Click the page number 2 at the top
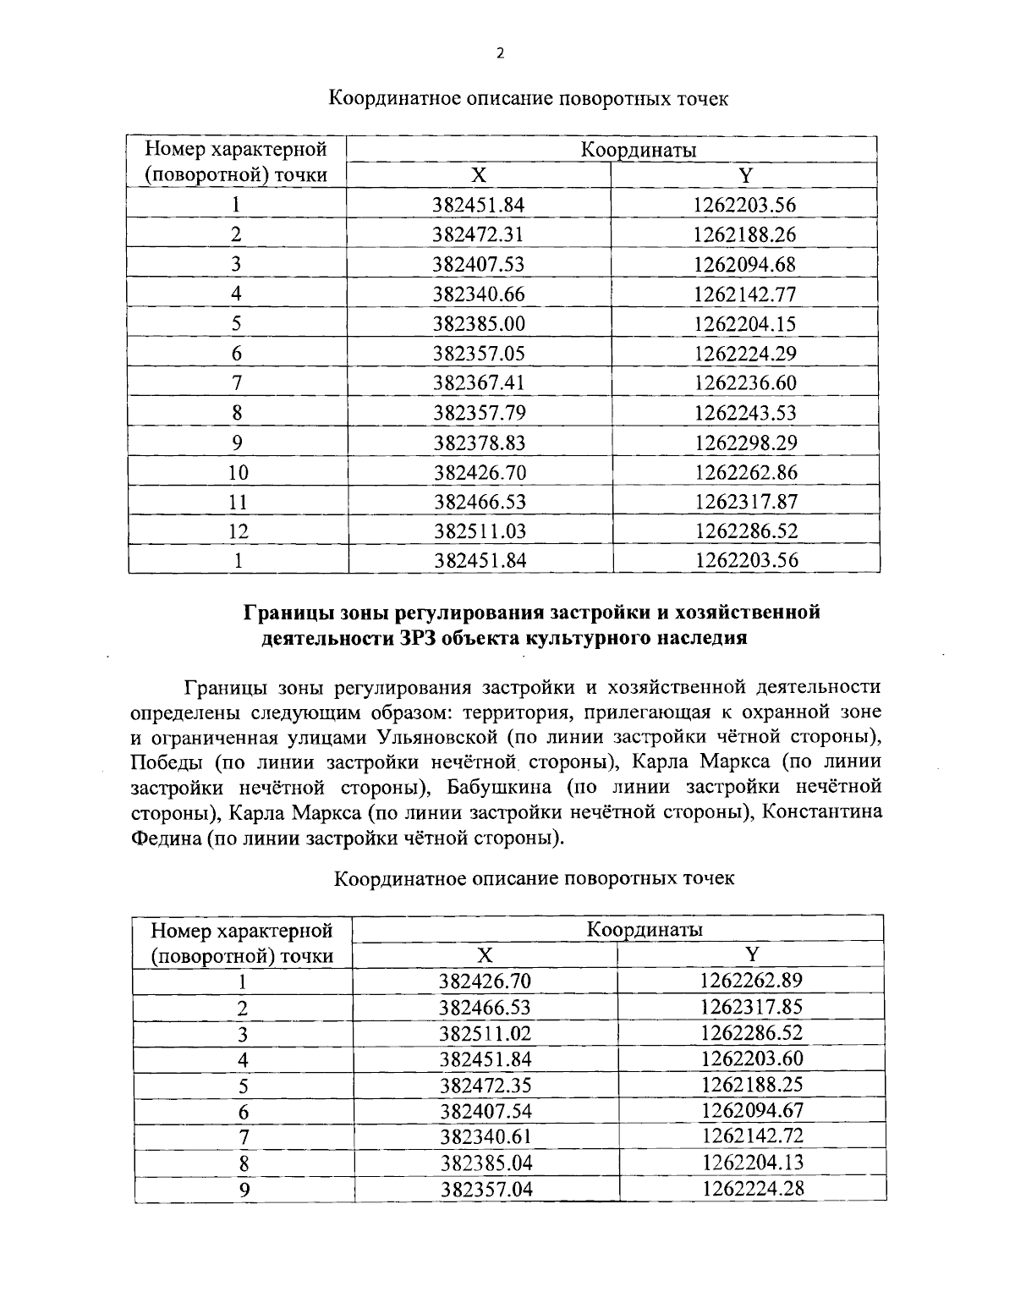tap(499, 53)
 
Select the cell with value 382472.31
tap(478, 234)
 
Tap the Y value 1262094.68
tap(744, 264)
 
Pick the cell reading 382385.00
tap(478, 324)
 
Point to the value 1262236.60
tap(744, 383)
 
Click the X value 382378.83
tap(479, 443)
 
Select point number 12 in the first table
tap(238, 531)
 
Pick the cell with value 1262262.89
tap(751, 981)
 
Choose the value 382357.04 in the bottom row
tap(486, 1189)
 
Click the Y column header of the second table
tap(751, 954)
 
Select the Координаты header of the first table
tap(638, 151)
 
